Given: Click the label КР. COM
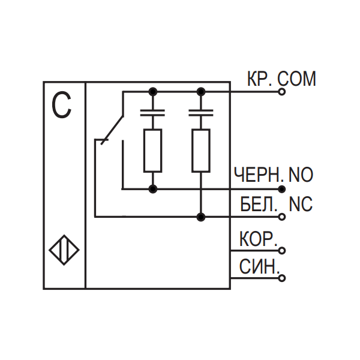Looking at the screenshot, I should tap(281, 79).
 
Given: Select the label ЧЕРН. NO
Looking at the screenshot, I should tap(273, 175).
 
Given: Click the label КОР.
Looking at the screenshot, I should tap(257, 238).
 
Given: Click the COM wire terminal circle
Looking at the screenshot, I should tap(282, 92).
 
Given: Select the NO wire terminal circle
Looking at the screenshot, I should tap(282, 189).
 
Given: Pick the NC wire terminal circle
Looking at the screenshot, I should tap(282, 217).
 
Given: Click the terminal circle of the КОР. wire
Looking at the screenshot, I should tap(282, 250).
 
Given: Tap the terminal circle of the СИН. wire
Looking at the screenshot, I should tap(282, 278).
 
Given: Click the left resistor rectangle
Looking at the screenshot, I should tap(152, 150).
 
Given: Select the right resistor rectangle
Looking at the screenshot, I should tap(201, 150).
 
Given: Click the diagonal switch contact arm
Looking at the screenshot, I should tap(112, 128).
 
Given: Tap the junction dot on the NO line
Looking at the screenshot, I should tap(152, 189).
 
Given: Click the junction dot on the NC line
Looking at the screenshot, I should tap(201, 217).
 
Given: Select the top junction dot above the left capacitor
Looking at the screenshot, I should tap(152, 92).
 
